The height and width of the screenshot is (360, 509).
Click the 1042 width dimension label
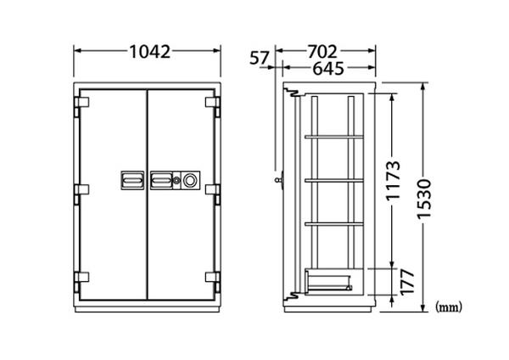149,52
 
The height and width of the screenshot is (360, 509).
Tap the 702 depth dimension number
322,51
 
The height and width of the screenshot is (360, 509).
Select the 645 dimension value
327,69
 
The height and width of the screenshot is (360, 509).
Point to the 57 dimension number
260,58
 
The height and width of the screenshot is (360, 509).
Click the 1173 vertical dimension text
393,180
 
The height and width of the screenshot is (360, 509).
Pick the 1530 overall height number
425,199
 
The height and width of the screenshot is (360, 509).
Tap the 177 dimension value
407,282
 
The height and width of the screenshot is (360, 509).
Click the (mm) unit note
448,307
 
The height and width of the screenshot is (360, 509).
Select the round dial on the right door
189,180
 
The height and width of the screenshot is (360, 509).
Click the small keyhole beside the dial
176,180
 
